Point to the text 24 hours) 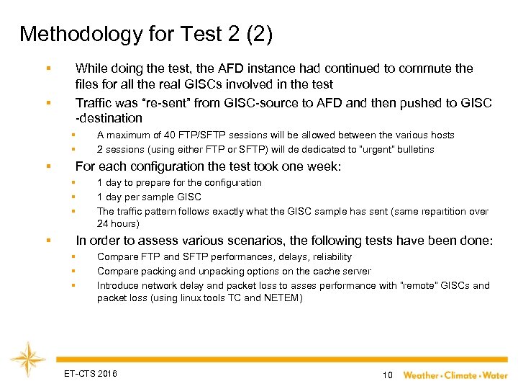(x=119, y=224)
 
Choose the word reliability (x=328, y=256)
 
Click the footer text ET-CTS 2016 (x=90, y=373)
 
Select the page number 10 (x=387, y=375)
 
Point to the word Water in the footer (x=495, y=375)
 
